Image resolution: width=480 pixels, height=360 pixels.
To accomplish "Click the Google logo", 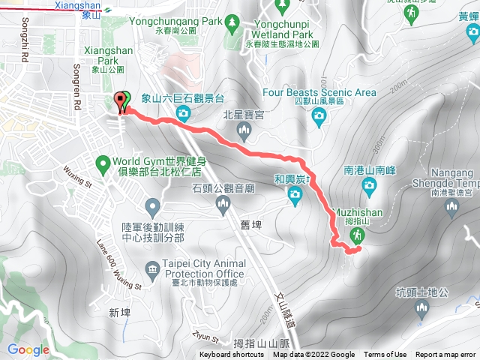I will pos(28,349).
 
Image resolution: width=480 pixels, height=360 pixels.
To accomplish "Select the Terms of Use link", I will pos(385,355).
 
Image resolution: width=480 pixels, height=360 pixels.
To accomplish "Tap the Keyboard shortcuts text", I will pos(231,355).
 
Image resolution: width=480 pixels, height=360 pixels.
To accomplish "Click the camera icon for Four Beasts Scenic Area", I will pos(319,115).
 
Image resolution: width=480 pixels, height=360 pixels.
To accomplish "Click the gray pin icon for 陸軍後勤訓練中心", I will pos(153,205).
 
